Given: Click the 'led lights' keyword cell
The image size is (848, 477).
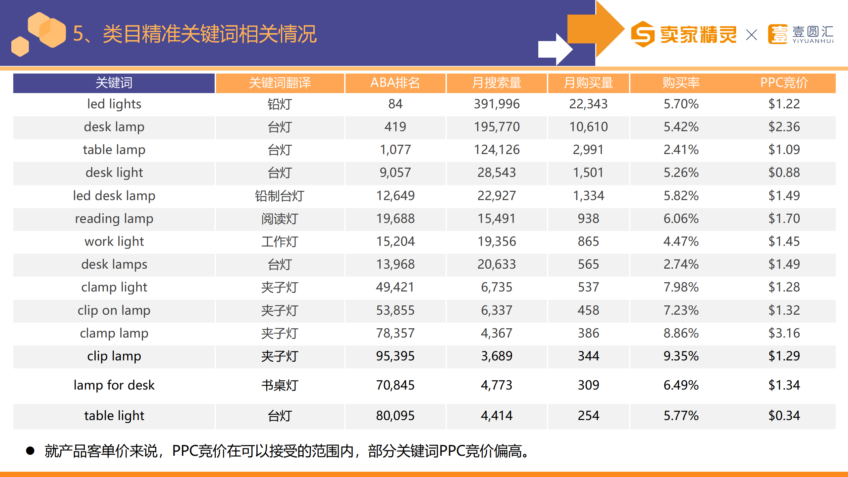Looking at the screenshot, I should click(x=114, y=104).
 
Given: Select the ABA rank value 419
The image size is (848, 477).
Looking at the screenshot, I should click(x=395, y=127).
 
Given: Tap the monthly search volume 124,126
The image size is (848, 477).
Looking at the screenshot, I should click(x=497, y=150).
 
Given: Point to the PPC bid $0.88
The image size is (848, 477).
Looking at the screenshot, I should click(x=784, y=173).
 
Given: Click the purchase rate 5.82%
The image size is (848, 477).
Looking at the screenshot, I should click(x=681, y=196).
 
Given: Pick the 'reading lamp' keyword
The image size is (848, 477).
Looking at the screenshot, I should click(x=114, y=219).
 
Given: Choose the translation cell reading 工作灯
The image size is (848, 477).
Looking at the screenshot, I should click(x=280, y=241).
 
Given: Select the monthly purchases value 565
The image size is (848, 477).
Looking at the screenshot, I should click(x=588, y=264).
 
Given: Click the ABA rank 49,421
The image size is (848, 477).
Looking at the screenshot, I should click(x=395, y=287).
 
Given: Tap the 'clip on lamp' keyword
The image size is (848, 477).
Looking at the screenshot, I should click(x=114, y=310).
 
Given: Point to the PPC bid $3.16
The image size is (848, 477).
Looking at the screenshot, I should click(x=784, y=333).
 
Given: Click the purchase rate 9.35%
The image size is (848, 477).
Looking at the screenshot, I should click(x=681, y=356).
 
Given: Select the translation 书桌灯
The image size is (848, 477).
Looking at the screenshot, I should click(x=280, y=385).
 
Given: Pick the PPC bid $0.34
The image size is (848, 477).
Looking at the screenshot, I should click(x=784, y=416).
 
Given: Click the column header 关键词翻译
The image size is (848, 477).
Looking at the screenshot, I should click(x=280, y=83).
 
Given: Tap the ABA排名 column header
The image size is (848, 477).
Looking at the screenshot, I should click(x=395, y=83).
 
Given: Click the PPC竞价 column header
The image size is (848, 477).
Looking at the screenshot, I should click(x=784, y=83).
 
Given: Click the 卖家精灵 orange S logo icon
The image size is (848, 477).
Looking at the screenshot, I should click(x=642, y=34).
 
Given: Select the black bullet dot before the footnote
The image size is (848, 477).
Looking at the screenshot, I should click(x=30, y=451).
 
